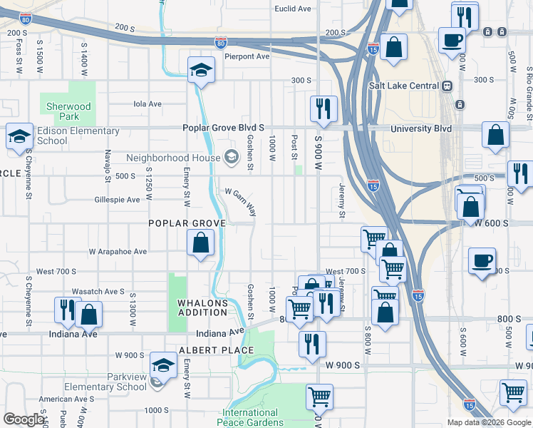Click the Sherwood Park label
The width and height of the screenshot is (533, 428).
point(68,111)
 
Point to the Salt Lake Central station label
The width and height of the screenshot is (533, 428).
point(403,86)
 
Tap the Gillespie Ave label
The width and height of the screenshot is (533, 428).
point(117,200)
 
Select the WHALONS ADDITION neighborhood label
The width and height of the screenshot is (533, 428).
point(202,307)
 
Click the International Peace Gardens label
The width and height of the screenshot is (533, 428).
point(250,418)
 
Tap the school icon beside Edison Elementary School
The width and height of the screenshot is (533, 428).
point(19,136)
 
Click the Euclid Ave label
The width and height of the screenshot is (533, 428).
point(294,9)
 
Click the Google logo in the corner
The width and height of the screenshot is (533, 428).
point(24,419)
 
